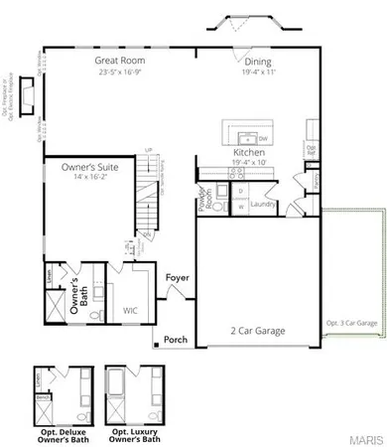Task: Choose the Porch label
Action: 176,339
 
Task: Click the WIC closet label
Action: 130,311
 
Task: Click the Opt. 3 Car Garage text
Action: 351,324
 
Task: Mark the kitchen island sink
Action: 245,137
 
